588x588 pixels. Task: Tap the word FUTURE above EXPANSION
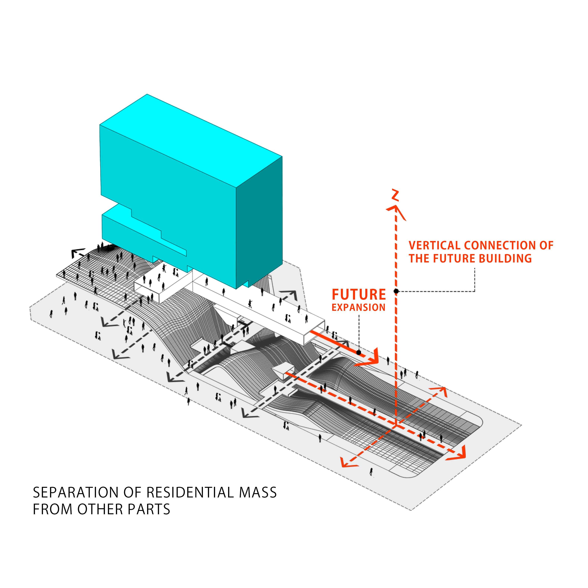[359, 295]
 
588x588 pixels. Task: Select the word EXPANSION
[359, 307]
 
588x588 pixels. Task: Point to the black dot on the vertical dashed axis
[396, 291]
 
